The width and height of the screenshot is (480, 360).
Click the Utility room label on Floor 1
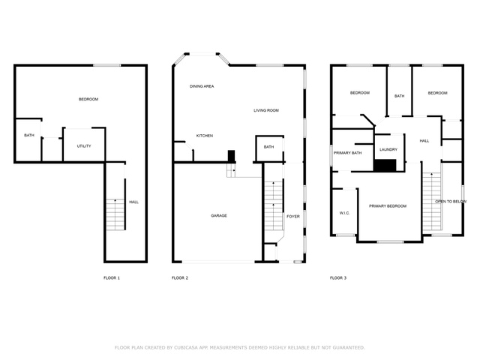tap(84, 146)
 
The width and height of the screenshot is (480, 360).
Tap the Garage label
tap(219, 216)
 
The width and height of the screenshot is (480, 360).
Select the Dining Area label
tap(202, 86)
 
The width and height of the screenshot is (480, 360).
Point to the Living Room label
tap(266, 110)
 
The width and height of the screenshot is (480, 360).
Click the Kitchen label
tap(205, 136)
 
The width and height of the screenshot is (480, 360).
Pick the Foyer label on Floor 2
tap(293, 217)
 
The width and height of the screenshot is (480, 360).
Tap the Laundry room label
tap(388, 150)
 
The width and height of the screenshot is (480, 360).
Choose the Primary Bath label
tap(347, 153)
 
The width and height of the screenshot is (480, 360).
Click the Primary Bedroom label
tap(388, 206)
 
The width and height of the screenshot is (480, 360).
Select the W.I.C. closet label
tap(344, 213)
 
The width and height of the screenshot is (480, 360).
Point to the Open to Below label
tap(451, 202)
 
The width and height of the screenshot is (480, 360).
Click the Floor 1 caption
tap(112, 278)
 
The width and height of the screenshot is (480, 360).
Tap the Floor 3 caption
tap(338, 278)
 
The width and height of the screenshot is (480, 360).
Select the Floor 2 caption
tap(180, 278)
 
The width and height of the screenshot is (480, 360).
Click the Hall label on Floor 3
tap(424, 141)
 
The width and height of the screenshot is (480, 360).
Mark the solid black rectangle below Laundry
tap(385, 166)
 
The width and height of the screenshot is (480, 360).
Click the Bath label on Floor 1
tap(29, 135)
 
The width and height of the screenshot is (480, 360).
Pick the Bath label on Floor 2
tap(268, 147)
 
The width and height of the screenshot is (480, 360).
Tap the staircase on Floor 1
tap(115, 214)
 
